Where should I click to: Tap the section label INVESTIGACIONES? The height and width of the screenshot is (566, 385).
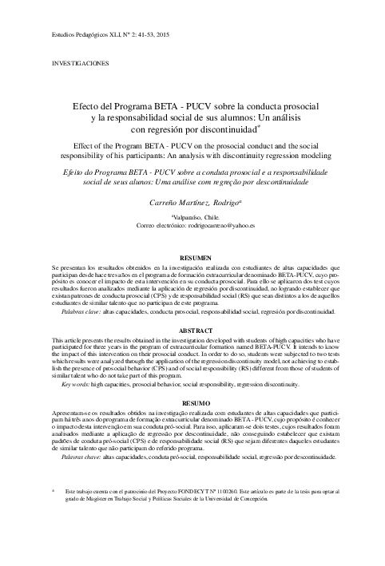point(81,61)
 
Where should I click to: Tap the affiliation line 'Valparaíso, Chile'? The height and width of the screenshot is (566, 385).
point(194,217)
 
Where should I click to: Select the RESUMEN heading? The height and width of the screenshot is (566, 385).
point(195,258)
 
